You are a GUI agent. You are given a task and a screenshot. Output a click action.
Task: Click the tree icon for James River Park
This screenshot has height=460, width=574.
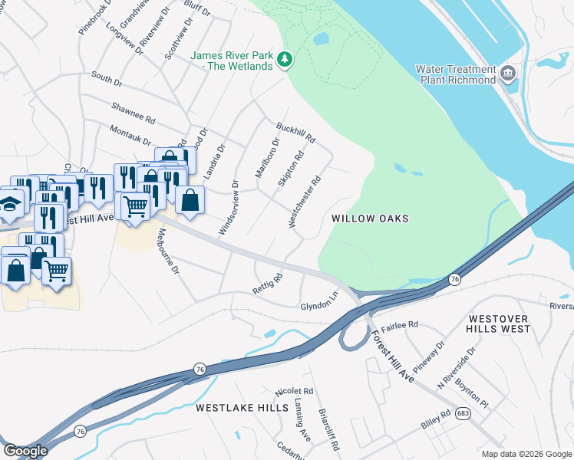click(285, 59)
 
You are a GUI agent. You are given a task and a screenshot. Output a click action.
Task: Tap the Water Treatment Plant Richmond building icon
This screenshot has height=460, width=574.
click(507, 74)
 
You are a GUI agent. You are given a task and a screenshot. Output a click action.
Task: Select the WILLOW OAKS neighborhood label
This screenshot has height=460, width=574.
click(370, 219)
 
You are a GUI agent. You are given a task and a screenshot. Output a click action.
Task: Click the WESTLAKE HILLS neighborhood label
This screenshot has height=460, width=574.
click(241, 408)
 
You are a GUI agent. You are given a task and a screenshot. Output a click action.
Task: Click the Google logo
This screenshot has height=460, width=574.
click(25, 451)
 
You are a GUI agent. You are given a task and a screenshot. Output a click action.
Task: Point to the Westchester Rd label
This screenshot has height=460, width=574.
click(304, 202)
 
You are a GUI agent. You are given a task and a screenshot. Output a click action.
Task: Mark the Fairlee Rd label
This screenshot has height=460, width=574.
click(401, 325)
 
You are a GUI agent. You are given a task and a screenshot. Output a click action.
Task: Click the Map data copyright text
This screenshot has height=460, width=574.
click(525, 453)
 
